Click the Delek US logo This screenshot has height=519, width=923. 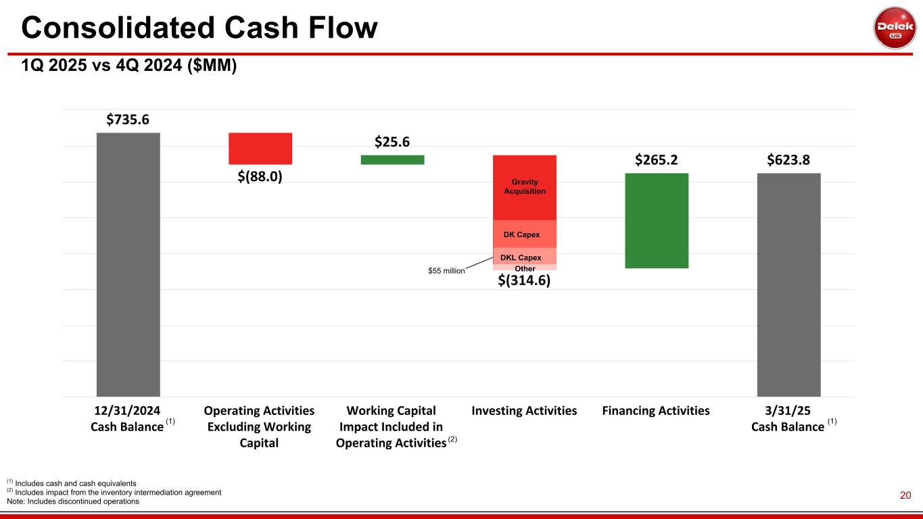(895, 28)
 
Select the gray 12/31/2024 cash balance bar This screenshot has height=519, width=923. (128, 264)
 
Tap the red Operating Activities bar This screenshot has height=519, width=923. (260, 148)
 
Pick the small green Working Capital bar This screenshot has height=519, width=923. (392, 159)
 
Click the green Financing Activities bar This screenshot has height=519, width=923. (657, 220)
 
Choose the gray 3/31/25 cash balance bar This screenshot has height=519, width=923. (788, 285)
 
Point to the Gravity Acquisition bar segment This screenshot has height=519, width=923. (525, 187)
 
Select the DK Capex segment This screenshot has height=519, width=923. (525, 234)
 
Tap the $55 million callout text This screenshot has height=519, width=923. (447, 270)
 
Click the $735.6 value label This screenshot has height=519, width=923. (128, 120)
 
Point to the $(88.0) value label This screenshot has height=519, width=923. (260, 176)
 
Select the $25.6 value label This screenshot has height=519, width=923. (392, 143)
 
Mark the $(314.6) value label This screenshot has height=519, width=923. (525, 280)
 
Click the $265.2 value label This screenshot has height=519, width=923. (657, 160)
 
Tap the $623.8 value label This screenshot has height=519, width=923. (788, 160)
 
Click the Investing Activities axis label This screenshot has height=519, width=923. (524, 410)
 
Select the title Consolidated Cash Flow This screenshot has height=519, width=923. (199, 27)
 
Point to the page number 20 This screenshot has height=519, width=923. (905, 496)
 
